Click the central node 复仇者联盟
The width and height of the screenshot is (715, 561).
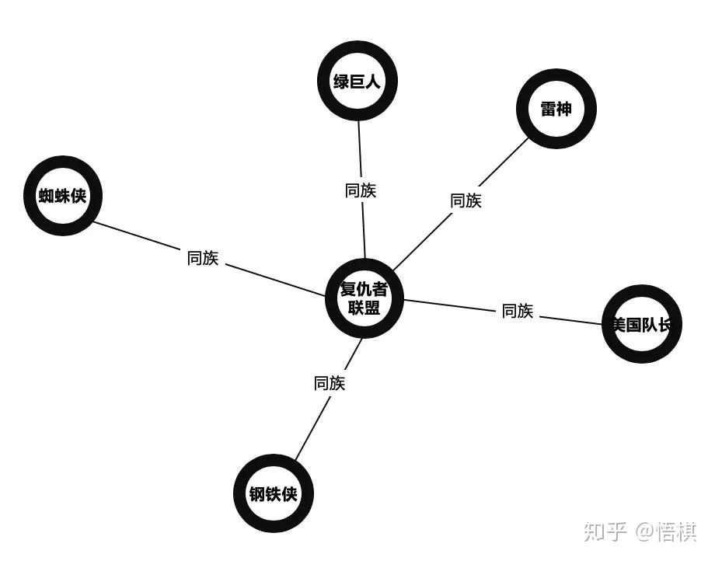click(364, 298)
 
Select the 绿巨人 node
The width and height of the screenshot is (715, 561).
click(357, 81)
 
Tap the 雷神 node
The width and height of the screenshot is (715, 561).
click(556, 109)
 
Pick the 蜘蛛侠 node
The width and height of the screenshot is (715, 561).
click(63, 196)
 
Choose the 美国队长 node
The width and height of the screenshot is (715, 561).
click(642, 324)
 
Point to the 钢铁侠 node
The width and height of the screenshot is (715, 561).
click(274, 493)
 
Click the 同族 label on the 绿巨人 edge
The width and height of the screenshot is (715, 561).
click(361, 190)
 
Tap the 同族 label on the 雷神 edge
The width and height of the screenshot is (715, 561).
click(466, 200)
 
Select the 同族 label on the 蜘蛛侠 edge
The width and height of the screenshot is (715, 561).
click(203, 258)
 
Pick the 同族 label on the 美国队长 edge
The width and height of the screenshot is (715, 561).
click(518, 311)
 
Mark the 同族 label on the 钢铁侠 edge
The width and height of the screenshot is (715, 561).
click(330, 383)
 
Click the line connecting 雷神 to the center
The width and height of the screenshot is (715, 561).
click(420, 245)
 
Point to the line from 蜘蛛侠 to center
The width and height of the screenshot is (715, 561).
click(272, 279)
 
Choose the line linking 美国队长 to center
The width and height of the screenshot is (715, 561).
click(451, 305)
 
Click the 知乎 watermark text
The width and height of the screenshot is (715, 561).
click(605, 531)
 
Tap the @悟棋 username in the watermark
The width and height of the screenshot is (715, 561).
click(666, 531)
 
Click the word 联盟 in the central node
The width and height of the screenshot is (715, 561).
click(364, 308)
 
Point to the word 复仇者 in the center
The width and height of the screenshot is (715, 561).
click(364, 290)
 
